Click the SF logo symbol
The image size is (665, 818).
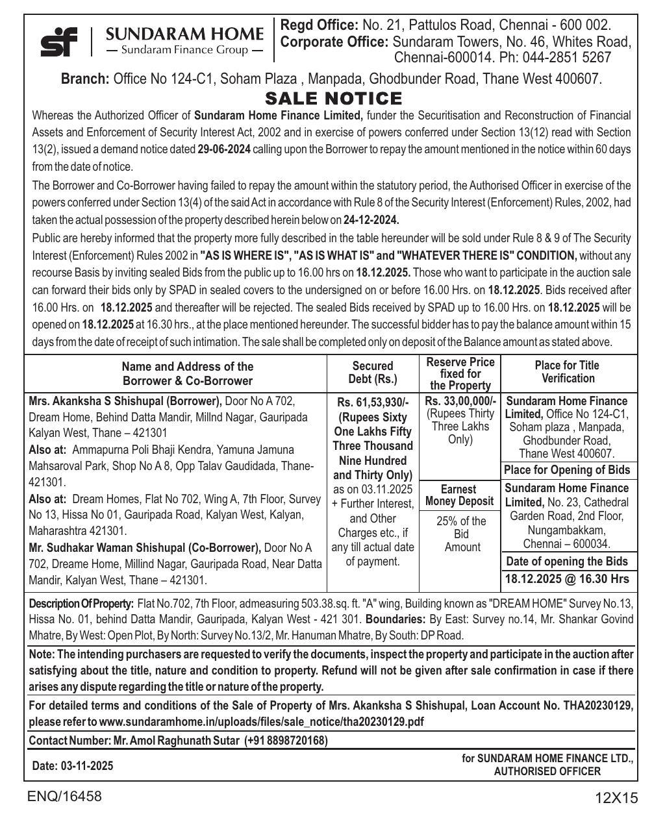[x=58, y=42]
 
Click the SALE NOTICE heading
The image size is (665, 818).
[x=334, y=99]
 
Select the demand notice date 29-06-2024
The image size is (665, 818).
[x=224, y=149]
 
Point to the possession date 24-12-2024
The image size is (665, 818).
[x=371, y=219]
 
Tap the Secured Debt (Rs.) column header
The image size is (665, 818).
[x=373, y=373]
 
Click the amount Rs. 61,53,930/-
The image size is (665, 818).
[x=373, y=403]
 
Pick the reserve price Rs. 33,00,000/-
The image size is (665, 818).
[x=460, y=401]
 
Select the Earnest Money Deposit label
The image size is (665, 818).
[x=460, y=495]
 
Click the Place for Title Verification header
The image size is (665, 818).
[x=568, y=372]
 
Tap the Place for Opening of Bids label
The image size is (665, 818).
[x=567, y=470]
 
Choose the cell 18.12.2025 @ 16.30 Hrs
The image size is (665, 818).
[x=567, y=579]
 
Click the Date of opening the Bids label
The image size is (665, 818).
[x=567, y=562]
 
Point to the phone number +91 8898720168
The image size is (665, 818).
[x=286, y=741]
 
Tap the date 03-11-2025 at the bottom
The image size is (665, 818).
[x=87, y=766]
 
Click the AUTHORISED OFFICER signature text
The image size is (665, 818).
[x=547, y=772]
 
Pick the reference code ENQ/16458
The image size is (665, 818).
[x=64, y=797]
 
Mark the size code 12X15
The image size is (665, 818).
[x=616, y=799]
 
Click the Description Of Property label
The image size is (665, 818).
[x=81, y=604]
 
